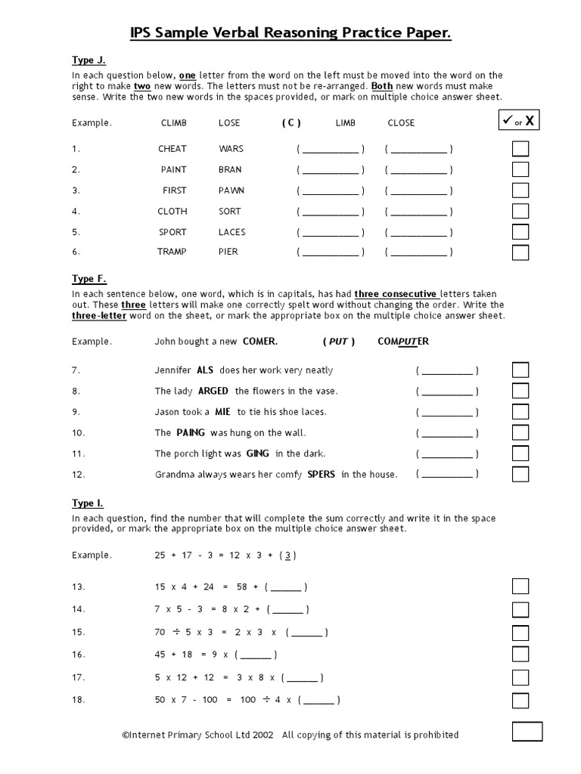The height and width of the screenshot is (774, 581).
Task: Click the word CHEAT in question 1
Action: click(172, 149)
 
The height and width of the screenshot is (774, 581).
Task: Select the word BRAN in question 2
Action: click(230, 170)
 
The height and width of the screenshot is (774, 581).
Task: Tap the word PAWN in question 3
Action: click(231, 190)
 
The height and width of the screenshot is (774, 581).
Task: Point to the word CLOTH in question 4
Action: click(172, 212)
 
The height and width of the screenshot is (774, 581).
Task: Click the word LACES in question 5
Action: click(232, 232)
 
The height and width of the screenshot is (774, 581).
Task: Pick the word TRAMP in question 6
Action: click(172, 252)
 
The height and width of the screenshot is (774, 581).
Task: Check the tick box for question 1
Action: click(520, 149)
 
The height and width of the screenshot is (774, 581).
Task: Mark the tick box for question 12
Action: click(520, 474)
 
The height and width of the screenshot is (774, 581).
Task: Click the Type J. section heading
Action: click(89, 60)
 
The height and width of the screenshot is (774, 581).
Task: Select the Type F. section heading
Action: click(89, 280)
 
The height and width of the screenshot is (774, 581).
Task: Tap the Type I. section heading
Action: click(88, 503)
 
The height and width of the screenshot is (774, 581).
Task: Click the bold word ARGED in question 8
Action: click(213, 392)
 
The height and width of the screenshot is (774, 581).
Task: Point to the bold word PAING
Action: click(191, 433)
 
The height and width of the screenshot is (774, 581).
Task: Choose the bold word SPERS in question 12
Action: click(322, 475)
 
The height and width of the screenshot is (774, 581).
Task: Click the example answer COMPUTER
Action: click(403, 342)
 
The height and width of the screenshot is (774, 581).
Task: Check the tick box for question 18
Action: click(520, 700)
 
